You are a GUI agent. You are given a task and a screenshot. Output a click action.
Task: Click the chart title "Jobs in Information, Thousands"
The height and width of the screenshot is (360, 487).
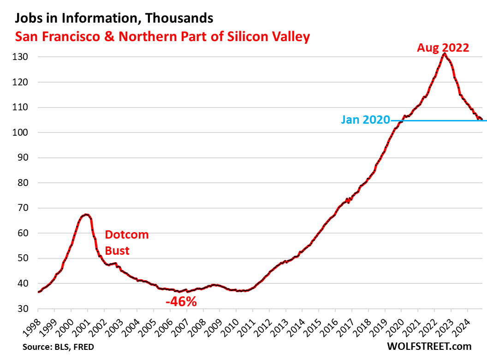[114, 18]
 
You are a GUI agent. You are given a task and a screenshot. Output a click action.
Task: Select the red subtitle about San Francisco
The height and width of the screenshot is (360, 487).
[162, 37]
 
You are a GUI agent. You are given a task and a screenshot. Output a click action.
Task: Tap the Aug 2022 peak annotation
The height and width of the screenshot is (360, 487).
[443, 48]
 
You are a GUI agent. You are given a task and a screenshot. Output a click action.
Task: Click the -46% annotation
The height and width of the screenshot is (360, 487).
[181, 302]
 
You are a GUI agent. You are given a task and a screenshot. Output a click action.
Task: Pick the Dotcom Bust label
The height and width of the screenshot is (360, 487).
[127, 242]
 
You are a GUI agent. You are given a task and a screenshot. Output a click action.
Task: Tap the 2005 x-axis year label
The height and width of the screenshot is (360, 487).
[151, 325]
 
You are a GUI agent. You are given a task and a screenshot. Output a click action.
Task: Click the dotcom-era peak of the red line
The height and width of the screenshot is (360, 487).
[86, 215]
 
